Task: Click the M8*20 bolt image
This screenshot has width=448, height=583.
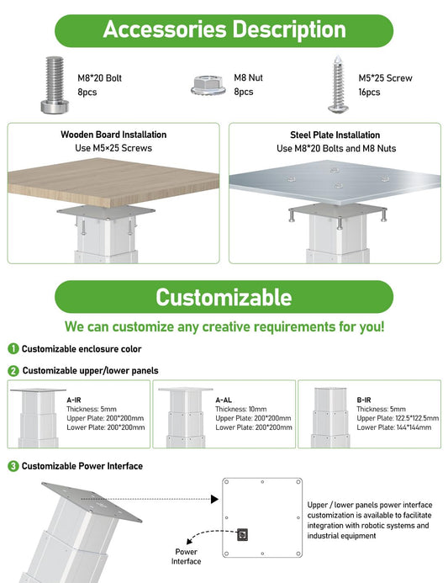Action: pos(55,85)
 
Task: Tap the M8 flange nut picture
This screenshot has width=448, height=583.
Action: pos(208,85)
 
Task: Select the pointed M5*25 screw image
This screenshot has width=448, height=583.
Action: pos(338,84)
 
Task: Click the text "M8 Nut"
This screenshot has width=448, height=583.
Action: pos(248,77)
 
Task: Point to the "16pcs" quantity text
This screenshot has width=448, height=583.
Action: pos(369,93)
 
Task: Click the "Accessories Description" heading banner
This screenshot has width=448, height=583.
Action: pos(224,30)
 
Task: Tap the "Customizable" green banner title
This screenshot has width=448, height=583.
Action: pos(224,297)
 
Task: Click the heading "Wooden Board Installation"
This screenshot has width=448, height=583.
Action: pos(113,135)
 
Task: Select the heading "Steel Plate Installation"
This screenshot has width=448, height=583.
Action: pos(335,135)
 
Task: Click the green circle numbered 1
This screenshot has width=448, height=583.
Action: pos(13,349)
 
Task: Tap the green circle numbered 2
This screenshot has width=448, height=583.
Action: pos(13,371)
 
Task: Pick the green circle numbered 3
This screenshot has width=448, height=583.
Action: pos(13,466)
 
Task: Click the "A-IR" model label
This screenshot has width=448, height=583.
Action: pos(74,400)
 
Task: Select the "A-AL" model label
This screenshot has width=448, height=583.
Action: pos(224,400)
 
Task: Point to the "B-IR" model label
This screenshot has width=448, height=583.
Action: pos(364,400)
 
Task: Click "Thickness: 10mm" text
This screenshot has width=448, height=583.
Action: pos(240,409)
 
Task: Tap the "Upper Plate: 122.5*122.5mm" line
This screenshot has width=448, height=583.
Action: pos(398,418)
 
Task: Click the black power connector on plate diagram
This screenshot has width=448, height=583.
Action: pos(242,535)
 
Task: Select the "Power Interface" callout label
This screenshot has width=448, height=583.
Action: pos(186,557)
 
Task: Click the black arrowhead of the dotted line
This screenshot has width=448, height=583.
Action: pos(214,499)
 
